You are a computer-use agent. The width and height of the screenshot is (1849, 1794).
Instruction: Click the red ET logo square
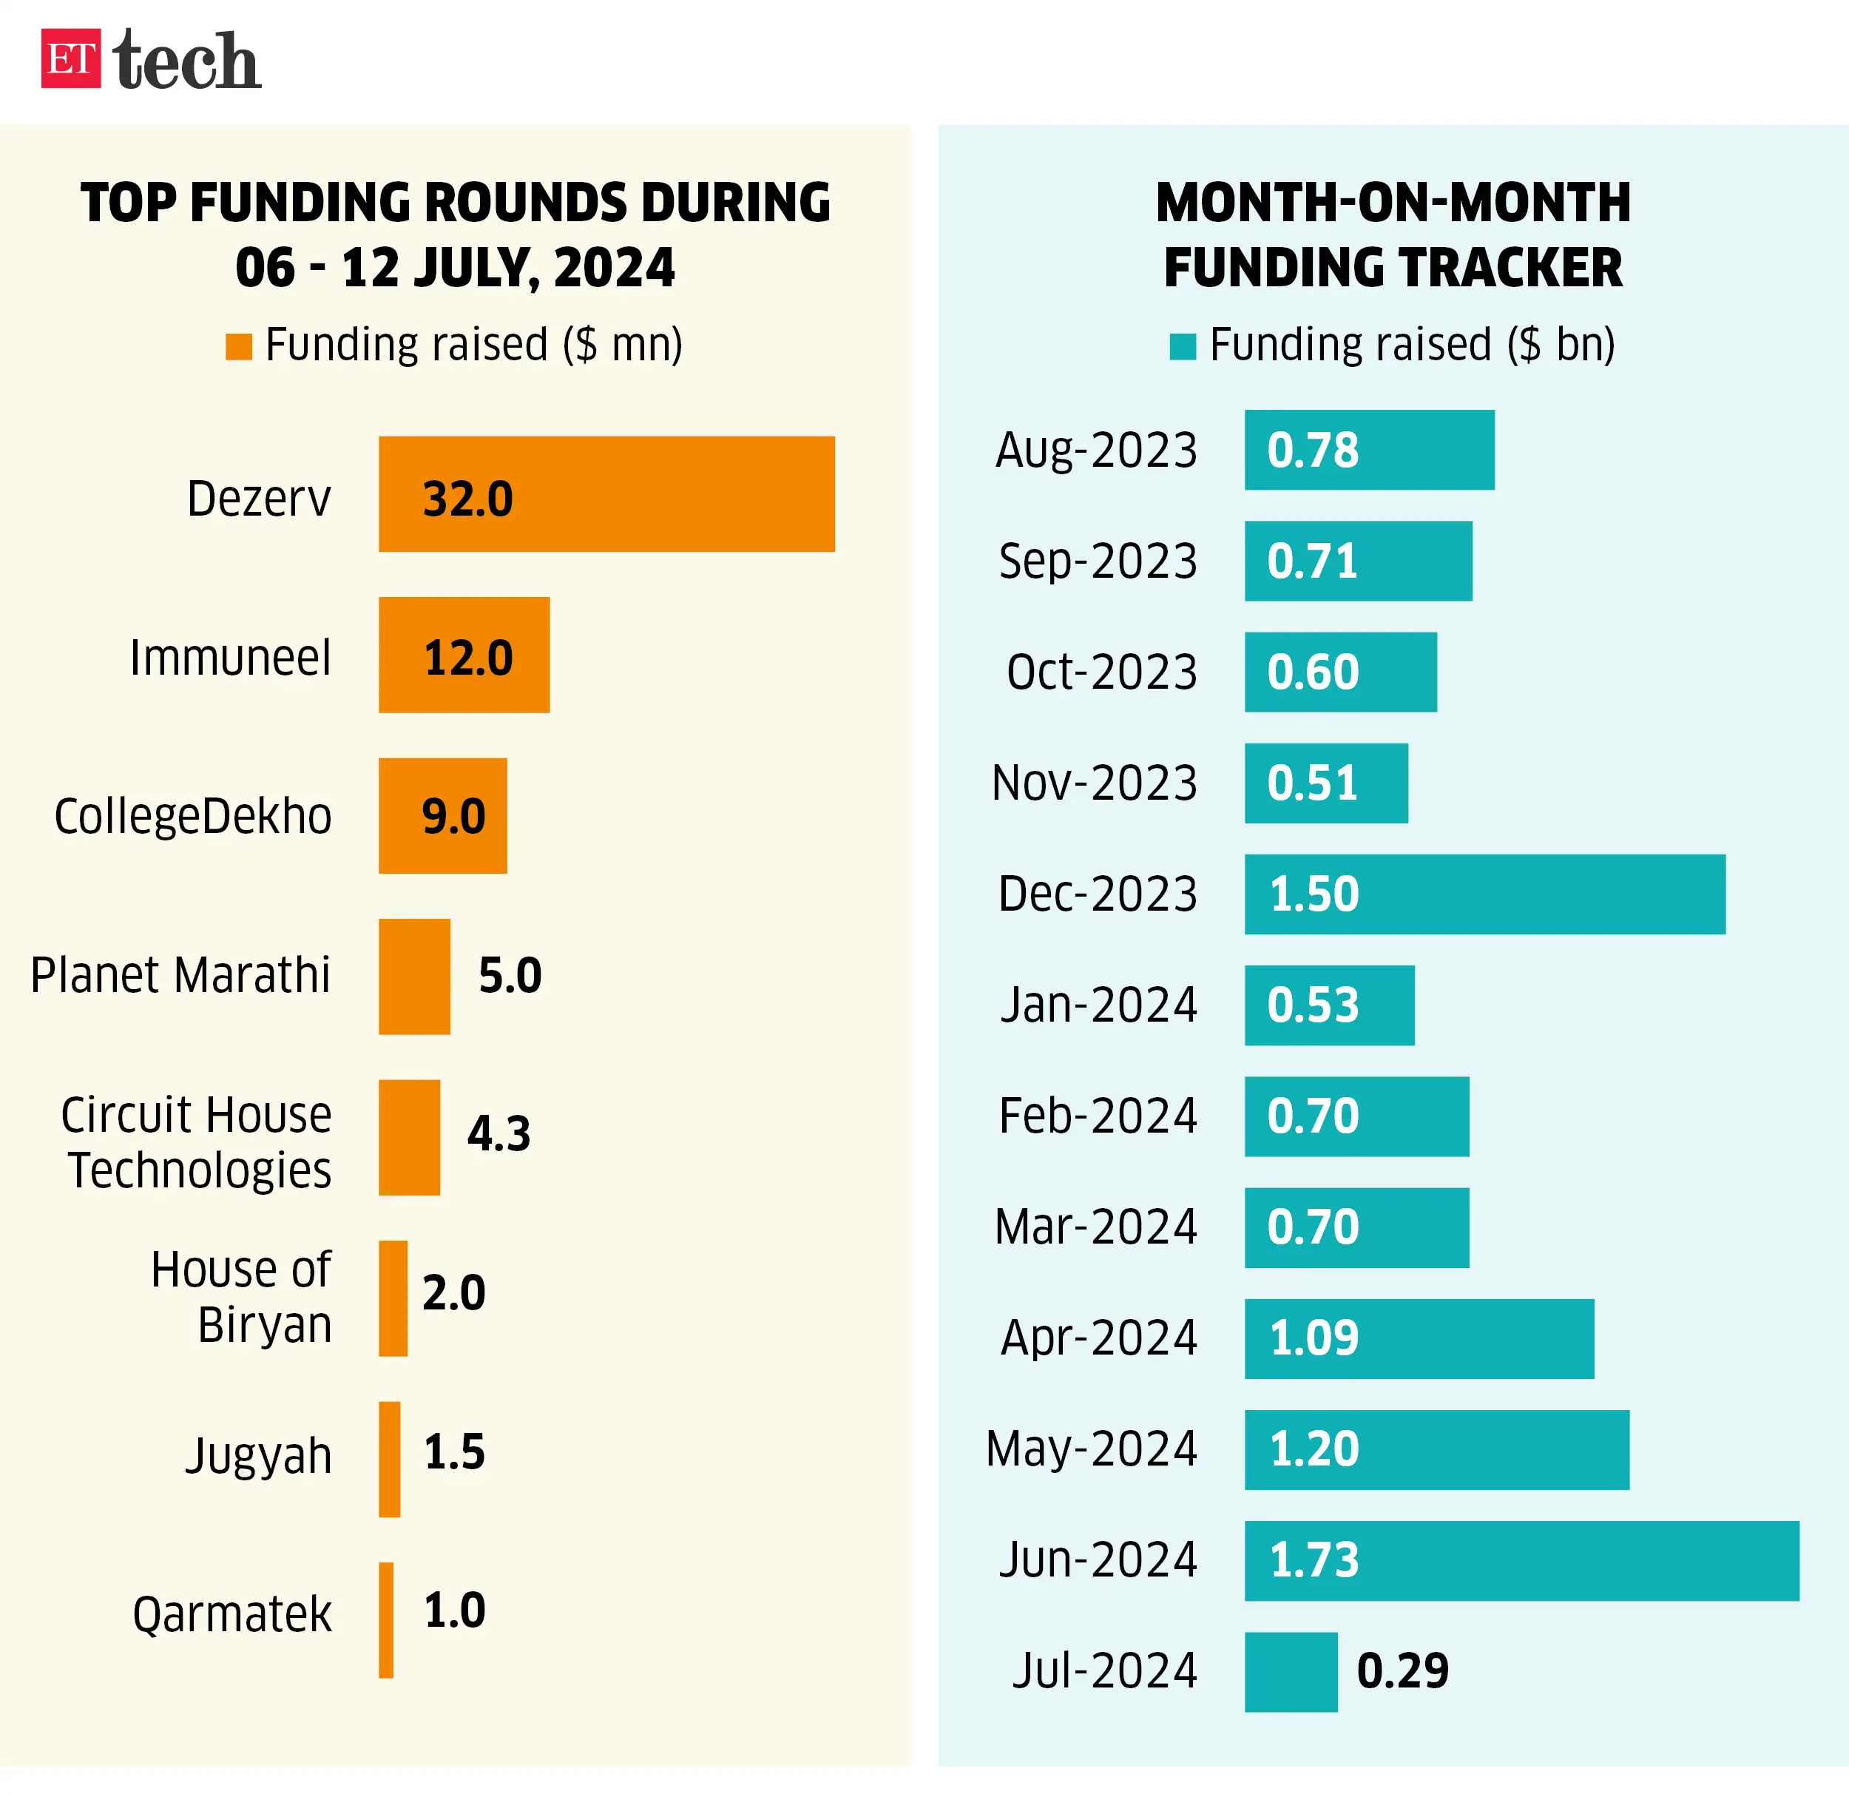[x=71, y=58]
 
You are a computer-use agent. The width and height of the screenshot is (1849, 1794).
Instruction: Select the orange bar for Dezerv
[x=606, y=493]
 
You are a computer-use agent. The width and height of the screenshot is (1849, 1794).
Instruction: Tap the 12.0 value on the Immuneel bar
[x=468, y=658]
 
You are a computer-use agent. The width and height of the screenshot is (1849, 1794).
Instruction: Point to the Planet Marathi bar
[x=414, y=976]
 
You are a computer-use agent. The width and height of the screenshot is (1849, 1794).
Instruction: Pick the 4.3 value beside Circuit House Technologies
[x=499, y=1133]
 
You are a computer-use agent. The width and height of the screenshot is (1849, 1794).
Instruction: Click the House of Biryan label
[x=242, y=1297]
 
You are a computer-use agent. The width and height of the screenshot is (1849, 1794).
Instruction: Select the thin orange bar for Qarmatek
[x=386, y=1619]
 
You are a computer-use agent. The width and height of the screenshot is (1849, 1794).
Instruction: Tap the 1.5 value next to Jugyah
[x=454, y=1451]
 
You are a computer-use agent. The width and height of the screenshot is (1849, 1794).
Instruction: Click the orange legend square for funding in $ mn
[x=239, y=346]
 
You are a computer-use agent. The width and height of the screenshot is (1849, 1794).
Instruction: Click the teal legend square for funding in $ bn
[x=1182, y=346]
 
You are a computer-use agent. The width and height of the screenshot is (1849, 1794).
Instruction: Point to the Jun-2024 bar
[x=1521, y=1560]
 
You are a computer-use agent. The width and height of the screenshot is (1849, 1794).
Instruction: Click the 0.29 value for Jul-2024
[x=1402, y=1671]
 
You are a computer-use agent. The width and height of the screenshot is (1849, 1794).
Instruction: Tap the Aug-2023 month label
[x=1096, y=450]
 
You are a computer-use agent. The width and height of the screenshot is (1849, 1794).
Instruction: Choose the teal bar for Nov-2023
[x=1325, y=783]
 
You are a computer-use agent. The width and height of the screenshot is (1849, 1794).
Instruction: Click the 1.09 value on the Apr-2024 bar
[x=1314, y=1338]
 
